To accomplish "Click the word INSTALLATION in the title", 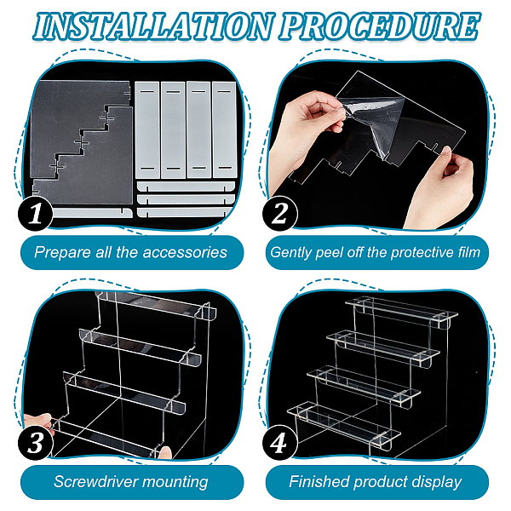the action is (x=152, y=26).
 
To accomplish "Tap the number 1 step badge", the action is (x=35, y=214).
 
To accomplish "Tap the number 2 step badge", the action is (x=279, y=214).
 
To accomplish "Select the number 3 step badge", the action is (x=35, y=442).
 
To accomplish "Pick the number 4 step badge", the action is (x=279, y=442).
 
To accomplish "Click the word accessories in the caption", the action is (x=185, y=253).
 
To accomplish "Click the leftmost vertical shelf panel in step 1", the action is (x=147, y=129).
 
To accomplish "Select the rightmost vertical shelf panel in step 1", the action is (x=224, y=129).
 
